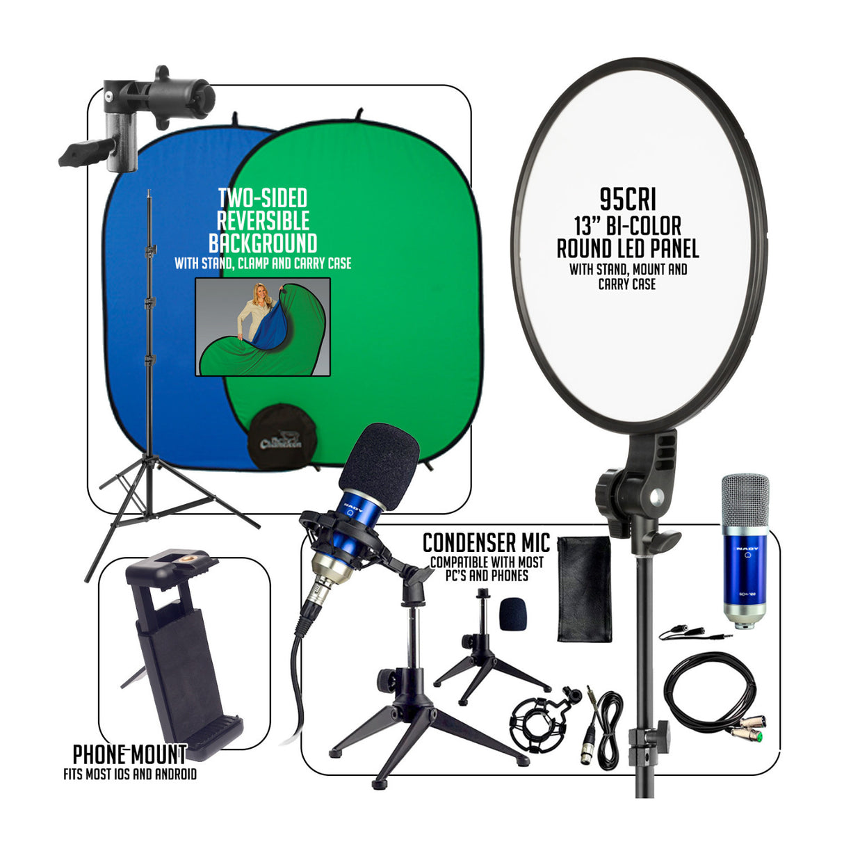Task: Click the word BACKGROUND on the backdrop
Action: click(x=263, y=243)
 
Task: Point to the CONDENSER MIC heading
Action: click(x=486, y=542)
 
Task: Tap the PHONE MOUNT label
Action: click(x=129, y=754)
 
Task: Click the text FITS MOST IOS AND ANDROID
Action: click(x=129, y=774)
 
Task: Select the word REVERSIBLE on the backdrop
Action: click(x=263, y=221)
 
